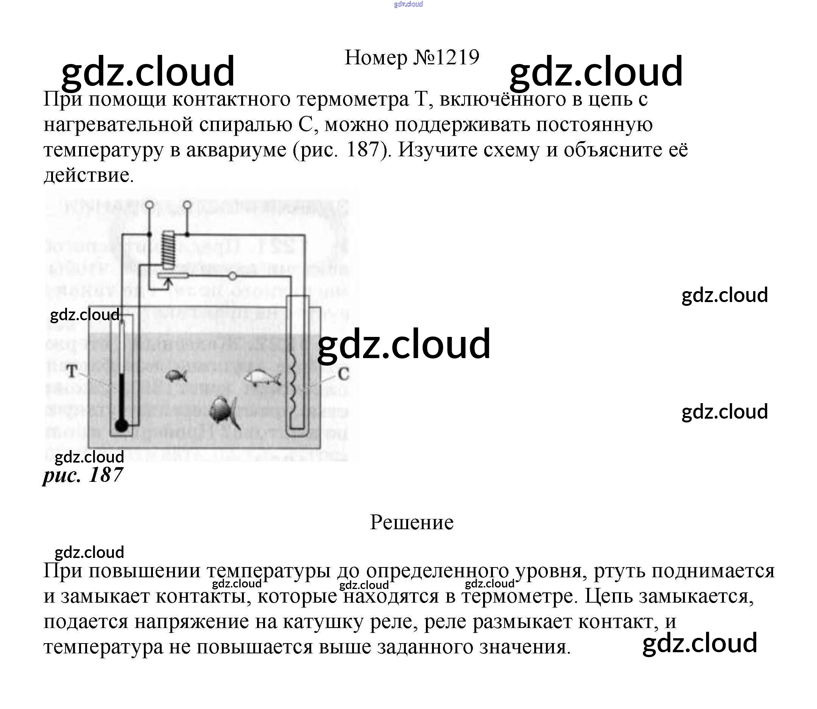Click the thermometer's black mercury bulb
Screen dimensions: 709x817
122,425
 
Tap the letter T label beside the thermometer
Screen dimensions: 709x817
72,371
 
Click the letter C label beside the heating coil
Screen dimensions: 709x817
343,374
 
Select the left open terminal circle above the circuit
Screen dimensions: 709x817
149,205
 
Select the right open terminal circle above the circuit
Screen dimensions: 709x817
187,205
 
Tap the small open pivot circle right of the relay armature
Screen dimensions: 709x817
232,276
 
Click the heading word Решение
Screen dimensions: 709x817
412,522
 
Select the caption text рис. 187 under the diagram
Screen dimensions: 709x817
83,475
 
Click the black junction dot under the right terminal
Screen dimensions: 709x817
187,234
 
